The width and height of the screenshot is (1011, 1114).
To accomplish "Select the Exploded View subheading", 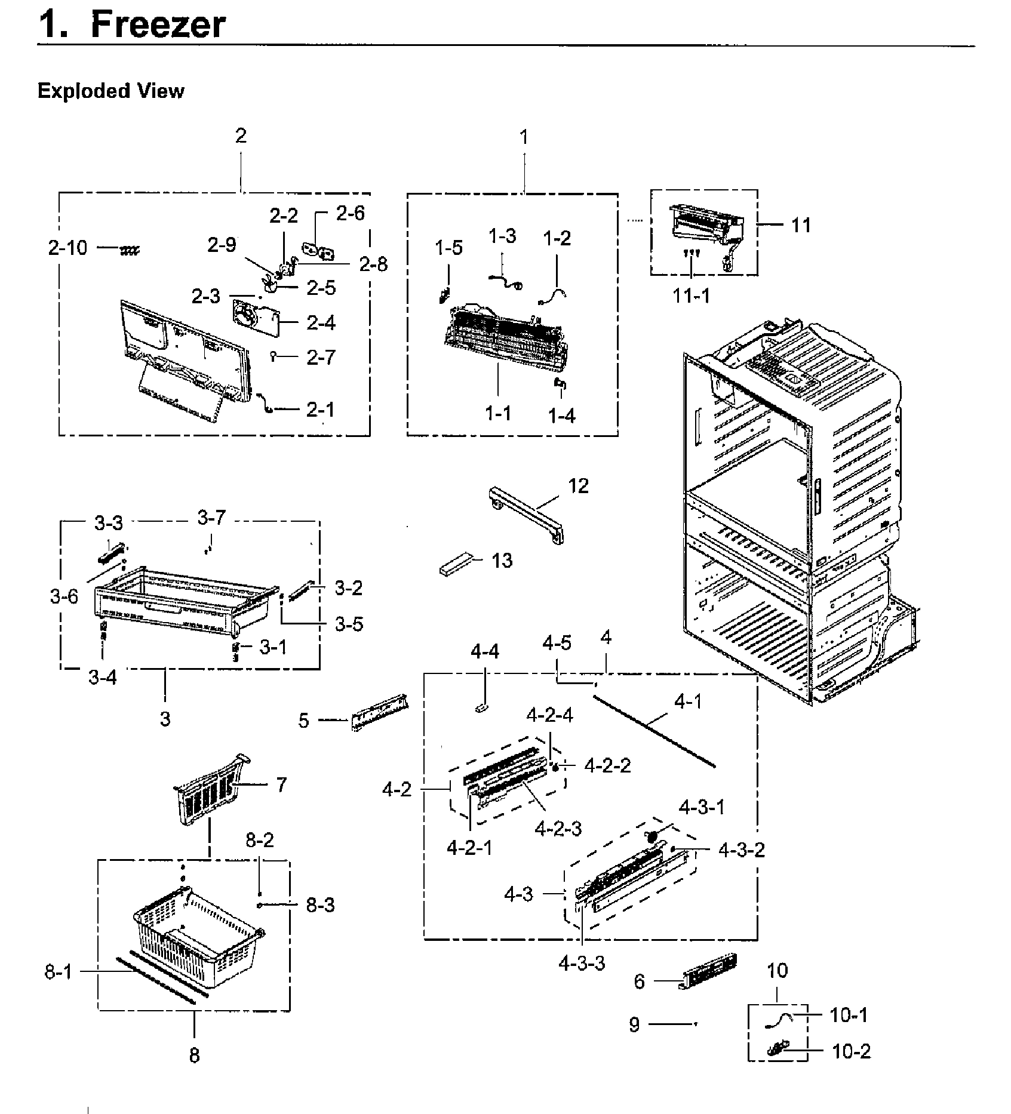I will (x=110, y=91).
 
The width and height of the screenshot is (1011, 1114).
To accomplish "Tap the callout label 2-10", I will (x=67, y=248).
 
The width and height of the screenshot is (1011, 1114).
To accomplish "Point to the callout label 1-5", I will (x=448, y=248).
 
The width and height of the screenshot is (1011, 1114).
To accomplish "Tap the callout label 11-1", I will (x=692, y=296).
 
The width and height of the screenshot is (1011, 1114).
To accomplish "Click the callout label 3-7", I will (x=211, y=518).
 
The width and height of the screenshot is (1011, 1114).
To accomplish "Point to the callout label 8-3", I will (x=321, y=905).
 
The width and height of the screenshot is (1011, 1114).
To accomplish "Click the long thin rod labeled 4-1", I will (x=654, y=731).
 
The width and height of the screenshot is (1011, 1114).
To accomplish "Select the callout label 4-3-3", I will (x=582, y=963).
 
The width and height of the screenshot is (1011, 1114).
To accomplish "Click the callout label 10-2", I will (x=851, y=1051).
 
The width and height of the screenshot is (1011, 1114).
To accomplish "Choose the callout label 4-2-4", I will (x=549, y=715).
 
